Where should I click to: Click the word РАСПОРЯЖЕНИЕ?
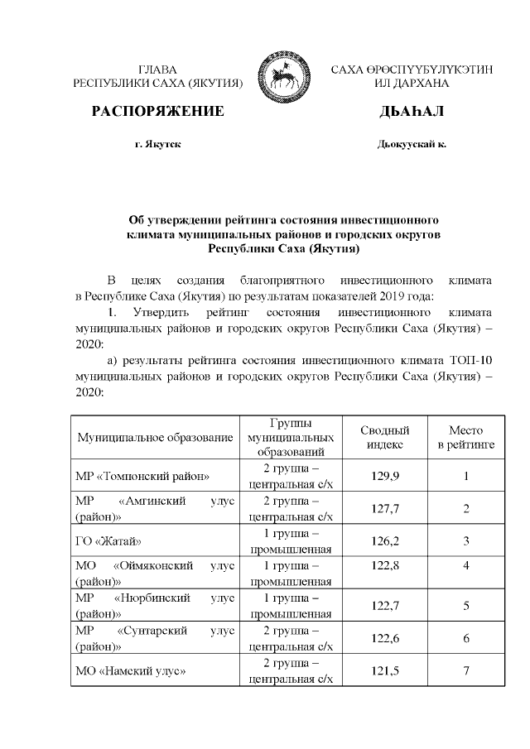[x=157, y=112]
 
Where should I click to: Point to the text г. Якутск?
[x=158, y=144]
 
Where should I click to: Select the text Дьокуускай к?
[x=412, y=144]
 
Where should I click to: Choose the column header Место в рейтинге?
[x=465, y=437]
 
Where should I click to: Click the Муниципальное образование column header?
[x=155, y=437]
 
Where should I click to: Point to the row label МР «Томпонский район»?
[x=142, y=476]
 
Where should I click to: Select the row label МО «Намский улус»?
[x=129, y=671]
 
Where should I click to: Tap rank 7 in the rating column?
[x=466, y=671]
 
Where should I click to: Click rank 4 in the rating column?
[x=466, y=573]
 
